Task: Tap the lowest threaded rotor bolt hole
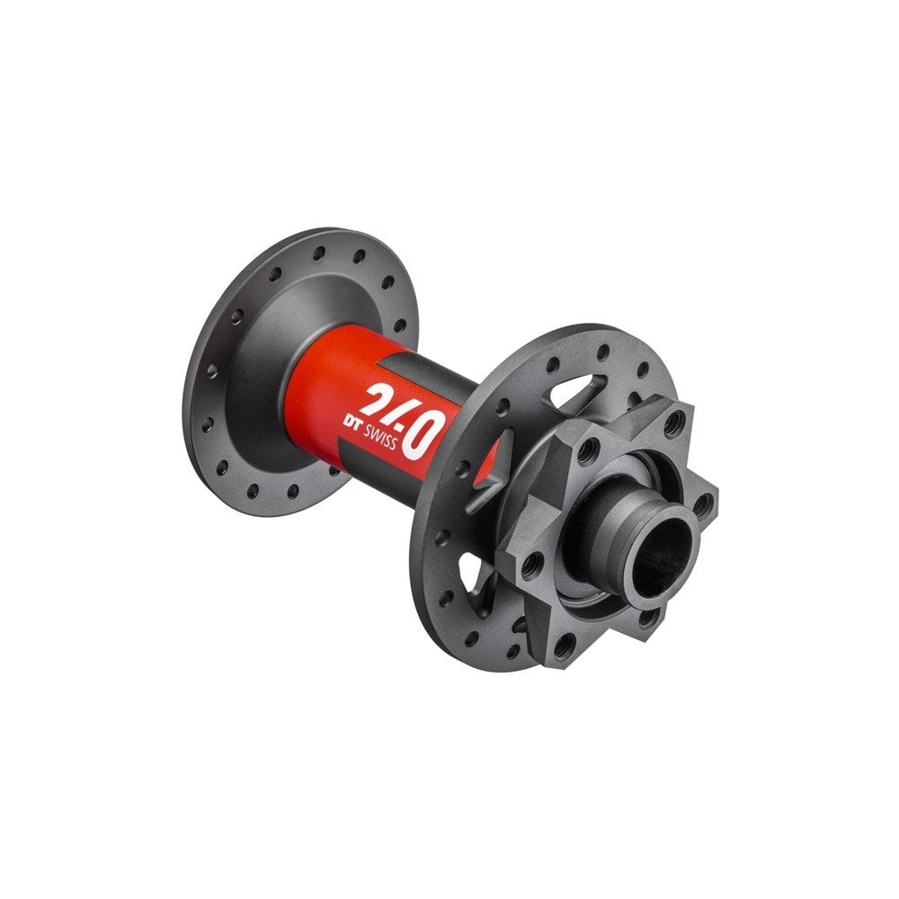[565, 645]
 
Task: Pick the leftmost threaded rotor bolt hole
[531, 564]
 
